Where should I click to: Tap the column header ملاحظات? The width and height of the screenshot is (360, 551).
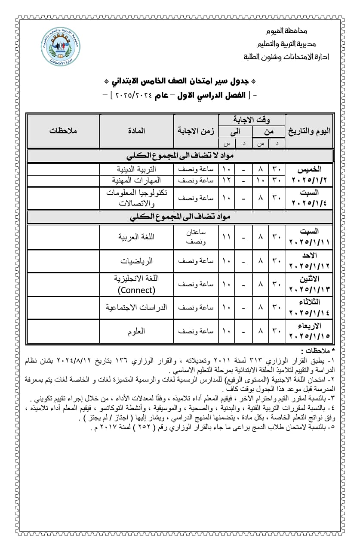(63, 131)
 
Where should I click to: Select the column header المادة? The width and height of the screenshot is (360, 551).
(137, 131)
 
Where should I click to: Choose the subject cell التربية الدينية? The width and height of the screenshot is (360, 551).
(137, 169)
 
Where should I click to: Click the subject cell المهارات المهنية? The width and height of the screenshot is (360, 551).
(137, 180)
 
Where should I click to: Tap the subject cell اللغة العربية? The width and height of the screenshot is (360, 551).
(137, 237)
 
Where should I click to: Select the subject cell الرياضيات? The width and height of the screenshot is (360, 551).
(137, 261)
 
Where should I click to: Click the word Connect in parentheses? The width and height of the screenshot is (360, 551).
(137, 290)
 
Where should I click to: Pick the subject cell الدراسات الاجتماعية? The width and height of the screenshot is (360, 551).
(137, 308)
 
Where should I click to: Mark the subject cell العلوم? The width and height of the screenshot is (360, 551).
(137, 331)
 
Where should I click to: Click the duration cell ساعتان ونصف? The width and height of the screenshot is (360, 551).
(196, 237)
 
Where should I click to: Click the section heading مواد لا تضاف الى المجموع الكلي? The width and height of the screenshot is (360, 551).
(179, 155)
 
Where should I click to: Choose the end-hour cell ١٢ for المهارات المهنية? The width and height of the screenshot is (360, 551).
(226, 180)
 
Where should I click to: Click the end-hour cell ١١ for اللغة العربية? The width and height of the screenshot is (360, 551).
(226, 237)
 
